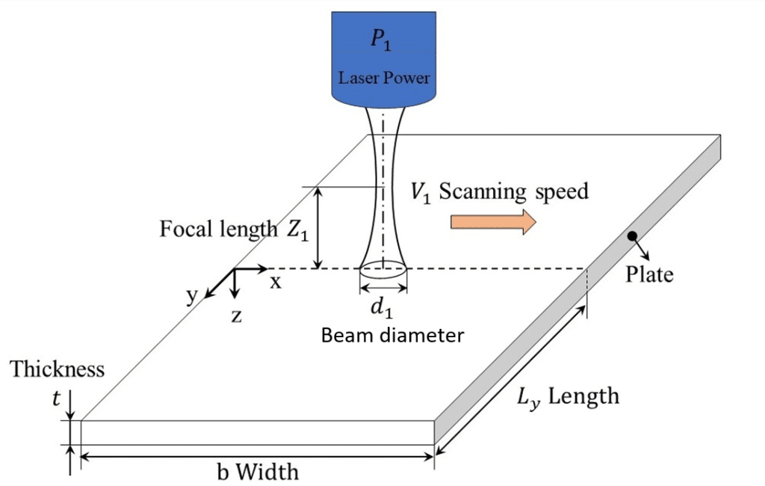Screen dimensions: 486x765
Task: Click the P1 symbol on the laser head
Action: [x=384, y=43]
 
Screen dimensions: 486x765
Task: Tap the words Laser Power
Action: [x=384, y=78]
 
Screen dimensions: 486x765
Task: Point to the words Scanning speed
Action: [x=514, y=191]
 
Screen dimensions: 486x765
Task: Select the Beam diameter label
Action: [x=392, y=335]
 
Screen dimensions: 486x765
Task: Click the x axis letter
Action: [x=276, y=282]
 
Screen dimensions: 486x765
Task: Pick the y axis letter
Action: [x=192, y=295]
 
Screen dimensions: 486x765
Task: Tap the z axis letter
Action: [x=236, y=315]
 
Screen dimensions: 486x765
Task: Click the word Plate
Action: [x=649, y=274]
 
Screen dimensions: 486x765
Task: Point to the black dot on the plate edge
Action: [x=632, y=236]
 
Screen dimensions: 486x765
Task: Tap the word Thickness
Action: [x=58, y=369]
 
